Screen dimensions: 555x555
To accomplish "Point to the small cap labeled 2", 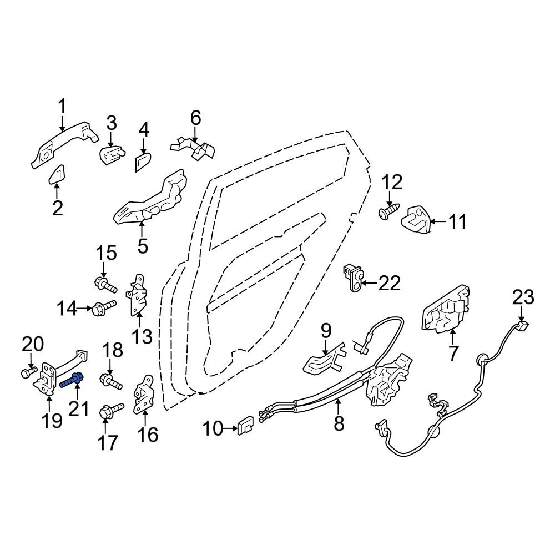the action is [56, 174].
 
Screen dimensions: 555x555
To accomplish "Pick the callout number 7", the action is [453, 353].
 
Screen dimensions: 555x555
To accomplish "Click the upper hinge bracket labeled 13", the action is [138, 295].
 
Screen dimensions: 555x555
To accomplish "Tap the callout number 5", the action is [142, 246].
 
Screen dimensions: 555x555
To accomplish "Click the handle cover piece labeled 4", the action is [143, 162].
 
